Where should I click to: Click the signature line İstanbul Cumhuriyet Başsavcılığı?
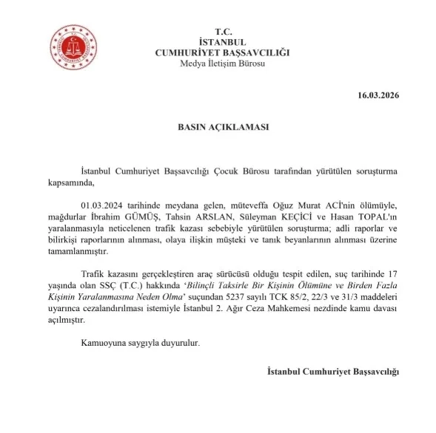332,372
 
